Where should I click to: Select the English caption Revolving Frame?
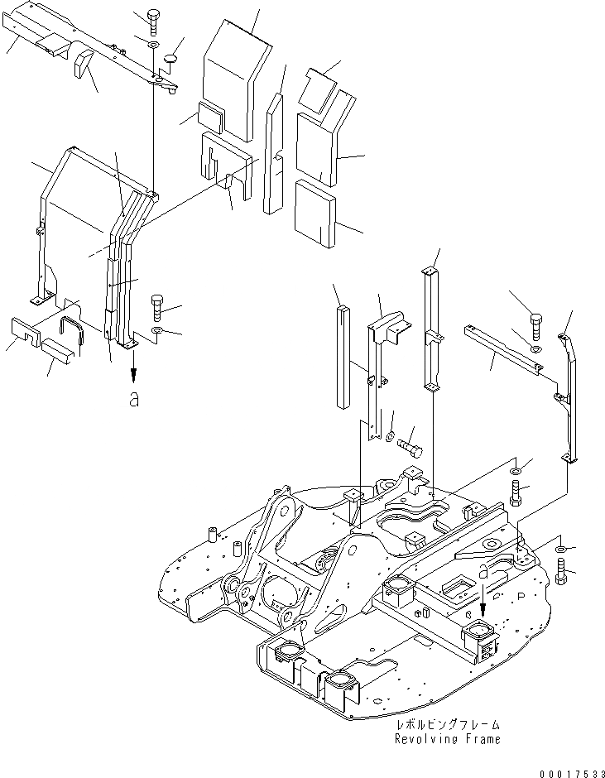[x=447, y=739]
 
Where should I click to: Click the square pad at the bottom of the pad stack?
[x=315, y=213]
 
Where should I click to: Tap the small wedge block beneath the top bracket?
[x=84, y=64]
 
